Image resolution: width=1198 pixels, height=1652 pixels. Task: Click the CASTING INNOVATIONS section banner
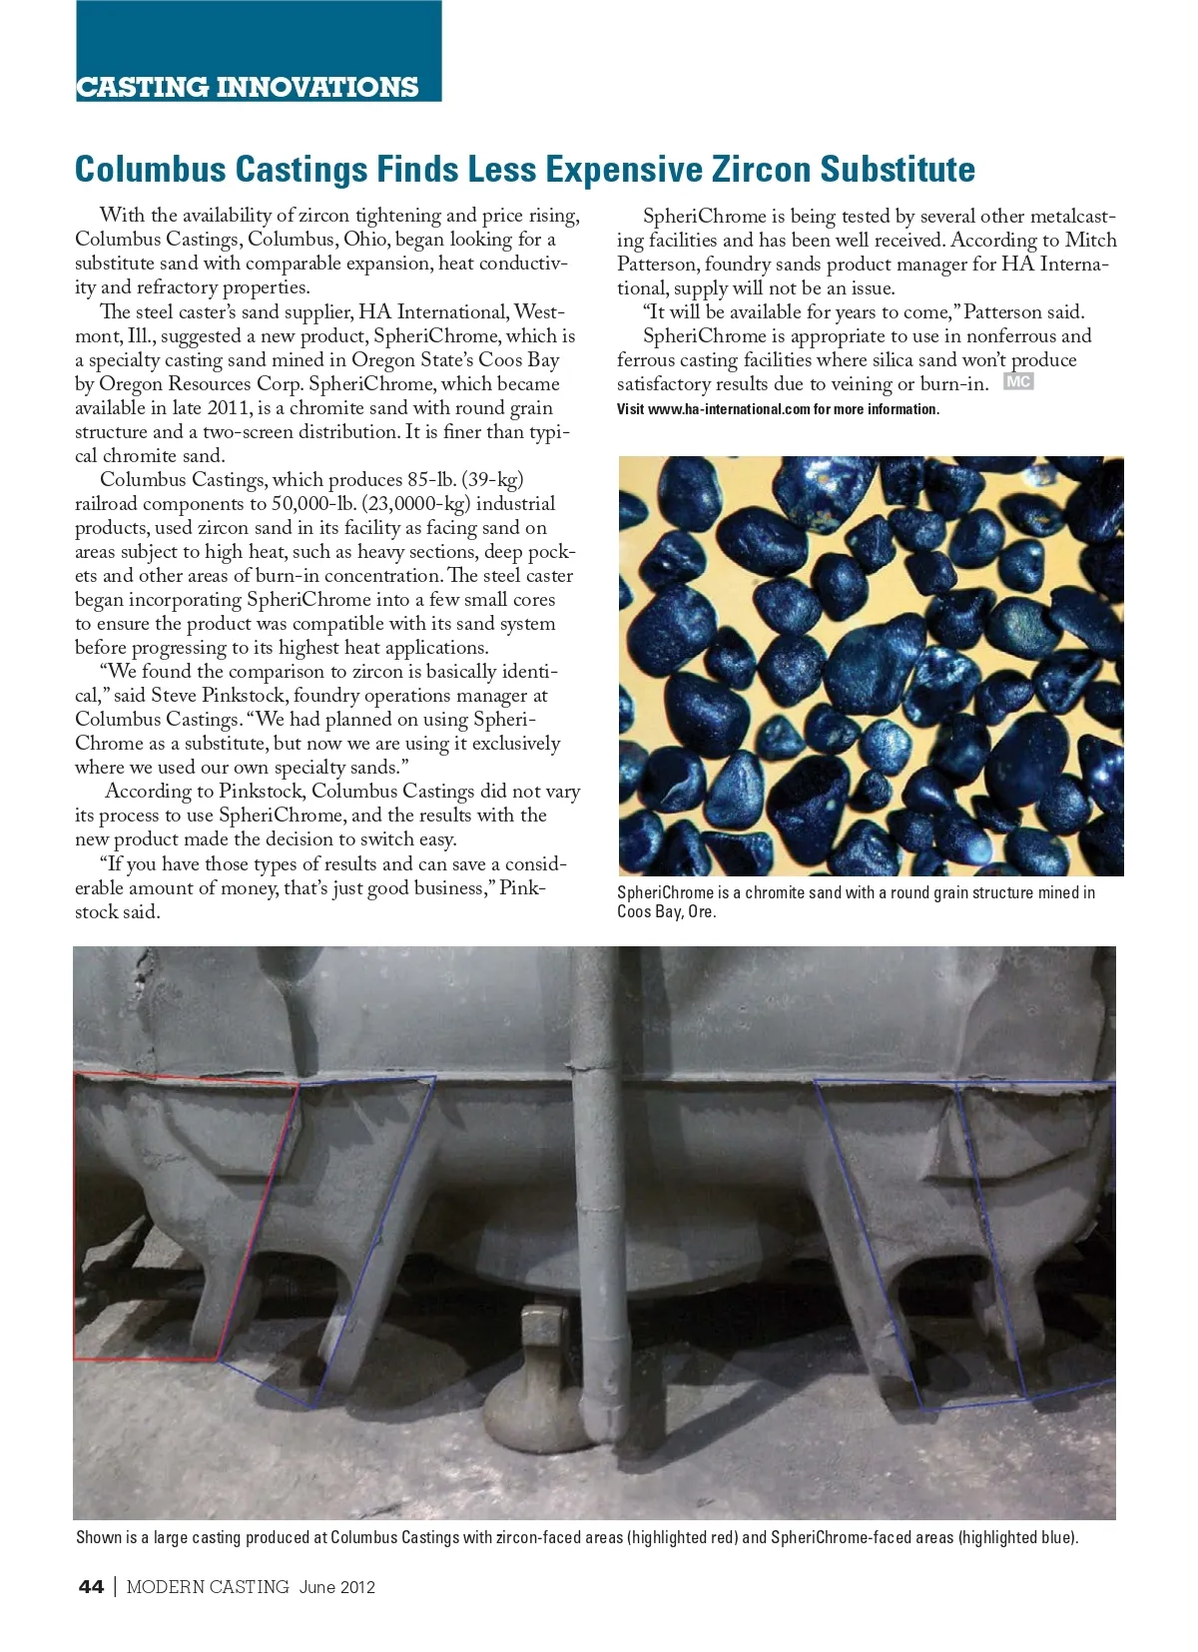(248, 87)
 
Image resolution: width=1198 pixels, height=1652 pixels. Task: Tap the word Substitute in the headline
(898, 170)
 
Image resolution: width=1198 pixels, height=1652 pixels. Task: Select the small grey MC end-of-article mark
(1018, 382)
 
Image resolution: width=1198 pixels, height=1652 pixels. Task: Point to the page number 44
(91, 1586)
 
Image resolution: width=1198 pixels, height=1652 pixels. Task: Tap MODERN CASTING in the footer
(208, 1586)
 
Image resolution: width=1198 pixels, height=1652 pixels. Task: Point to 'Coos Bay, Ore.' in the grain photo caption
(666, 911)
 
